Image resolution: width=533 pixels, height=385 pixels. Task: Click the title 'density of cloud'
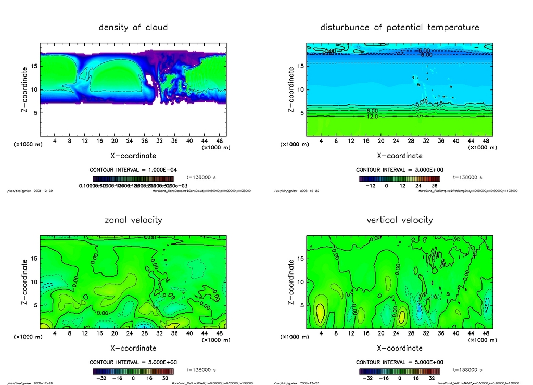(133, 27)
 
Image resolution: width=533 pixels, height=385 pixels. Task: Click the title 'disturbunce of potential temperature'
(400, 27)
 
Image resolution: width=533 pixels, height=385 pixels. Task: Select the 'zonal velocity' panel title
(133, 220)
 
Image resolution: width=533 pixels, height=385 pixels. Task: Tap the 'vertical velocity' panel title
(400, 220)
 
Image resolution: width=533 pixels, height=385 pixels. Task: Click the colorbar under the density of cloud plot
(133, 178)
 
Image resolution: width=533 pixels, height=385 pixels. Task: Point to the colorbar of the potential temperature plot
(399, 178)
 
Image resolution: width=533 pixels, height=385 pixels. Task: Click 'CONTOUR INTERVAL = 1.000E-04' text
(133, 170)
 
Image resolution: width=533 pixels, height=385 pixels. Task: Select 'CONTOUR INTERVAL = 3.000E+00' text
(399, 170)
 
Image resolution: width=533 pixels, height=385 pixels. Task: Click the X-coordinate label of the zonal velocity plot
(133, 348)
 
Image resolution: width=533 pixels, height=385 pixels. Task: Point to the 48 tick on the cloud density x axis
(219, 141)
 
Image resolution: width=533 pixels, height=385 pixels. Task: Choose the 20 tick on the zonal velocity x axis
(114, 333)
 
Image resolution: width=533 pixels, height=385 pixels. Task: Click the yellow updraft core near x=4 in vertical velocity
(320, 315)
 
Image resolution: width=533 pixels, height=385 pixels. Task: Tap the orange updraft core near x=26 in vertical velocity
(402, 316)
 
